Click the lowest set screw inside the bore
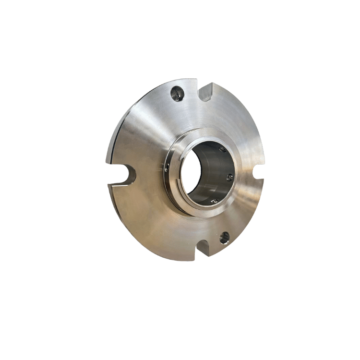click(215, 200)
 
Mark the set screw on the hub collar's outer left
click(166, 168)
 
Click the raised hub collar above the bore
click(202, 132)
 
